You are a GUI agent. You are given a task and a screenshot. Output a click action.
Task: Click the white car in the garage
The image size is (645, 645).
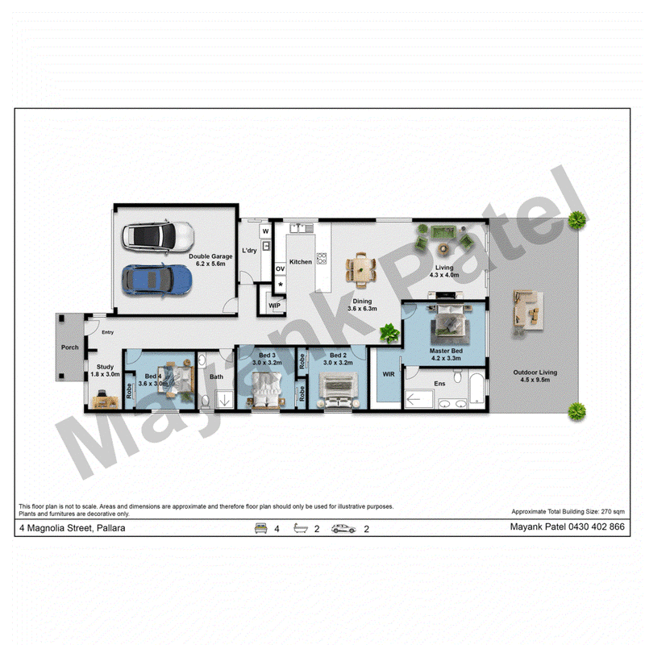point(158,237)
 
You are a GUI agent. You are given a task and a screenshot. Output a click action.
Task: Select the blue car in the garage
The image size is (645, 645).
point(156,280)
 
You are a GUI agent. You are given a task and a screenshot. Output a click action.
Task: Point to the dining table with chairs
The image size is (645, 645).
point(360,270)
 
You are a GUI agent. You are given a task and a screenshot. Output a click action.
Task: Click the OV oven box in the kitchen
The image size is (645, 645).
point(280,268)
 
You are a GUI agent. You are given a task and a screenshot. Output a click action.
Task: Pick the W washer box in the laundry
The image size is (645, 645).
point(265,231)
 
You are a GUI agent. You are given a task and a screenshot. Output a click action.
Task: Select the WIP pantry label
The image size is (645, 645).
point(274,306)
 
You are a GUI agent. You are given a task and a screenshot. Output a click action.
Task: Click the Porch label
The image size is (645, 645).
point(70,347)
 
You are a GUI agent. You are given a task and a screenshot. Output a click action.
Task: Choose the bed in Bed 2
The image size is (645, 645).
point(338,390)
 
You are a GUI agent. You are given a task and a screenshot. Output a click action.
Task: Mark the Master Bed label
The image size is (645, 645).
point(446,351)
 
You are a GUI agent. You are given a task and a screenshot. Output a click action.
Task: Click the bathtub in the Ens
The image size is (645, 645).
point(476,389)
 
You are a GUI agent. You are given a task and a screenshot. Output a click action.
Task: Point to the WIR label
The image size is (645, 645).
point(389,374)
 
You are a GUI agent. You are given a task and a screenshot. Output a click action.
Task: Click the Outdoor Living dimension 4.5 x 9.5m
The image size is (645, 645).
point(535,380)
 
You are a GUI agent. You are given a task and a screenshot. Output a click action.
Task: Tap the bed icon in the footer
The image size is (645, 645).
point(260,528)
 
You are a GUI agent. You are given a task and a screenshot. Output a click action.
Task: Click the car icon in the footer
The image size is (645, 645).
point(343,529)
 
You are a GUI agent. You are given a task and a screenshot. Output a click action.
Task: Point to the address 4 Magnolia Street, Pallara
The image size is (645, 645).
point(73,528)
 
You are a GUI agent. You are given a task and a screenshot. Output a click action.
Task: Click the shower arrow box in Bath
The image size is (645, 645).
point(225,399)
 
